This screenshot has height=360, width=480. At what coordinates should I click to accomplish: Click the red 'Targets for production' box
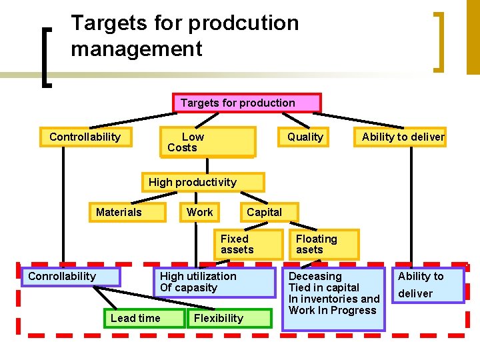[x=247, y=103]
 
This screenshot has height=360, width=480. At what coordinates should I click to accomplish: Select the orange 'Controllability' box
[x=85, y=137]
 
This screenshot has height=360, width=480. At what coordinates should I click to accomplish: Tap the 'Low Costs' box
[x=207, y=142]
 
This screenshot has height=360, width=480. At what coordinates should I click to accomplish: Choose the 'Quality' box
[x=305, y=137]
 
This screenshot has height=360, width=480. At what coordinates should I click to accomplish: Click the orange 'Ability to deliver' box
[x=403, y=137]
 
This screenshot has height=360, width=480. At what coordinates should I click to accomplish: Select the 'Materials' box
[x=128, y=212]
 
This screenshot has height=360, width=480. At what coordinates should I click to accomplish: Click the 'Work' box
[x=199, y=212]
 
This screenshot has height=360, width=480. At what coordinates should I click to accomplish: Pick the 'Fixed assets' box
[x=248, y=244]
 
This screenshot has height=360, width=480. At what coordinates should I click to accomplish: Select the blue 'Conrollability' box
[x=71, y=277]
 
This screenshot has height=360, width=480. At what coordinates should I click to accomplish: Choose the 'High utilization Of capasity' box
[x=215, y=282]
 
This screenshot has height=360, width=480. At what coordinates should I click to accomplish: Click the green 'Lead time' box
[x=143, y=318]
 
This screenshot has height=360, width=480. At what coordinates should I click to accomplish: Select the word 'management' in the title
[x=136, y=49]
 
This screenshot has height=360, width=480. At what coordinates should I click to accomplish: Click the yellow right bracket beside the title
[x=439, y=41]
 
